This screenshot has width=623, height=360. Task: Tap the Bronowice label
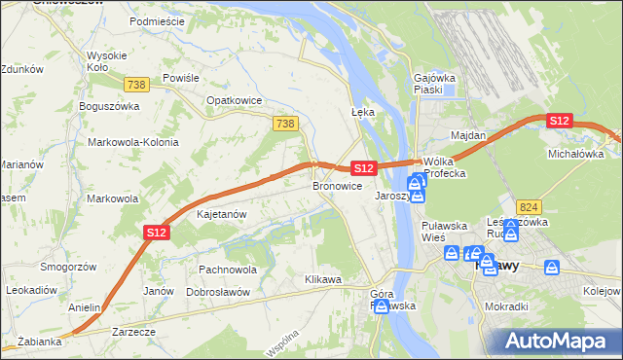point(337,185)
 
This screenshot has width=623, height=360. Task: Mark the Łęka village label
point(362,112)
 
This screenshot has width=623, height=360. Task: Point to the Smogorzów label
point(66,266)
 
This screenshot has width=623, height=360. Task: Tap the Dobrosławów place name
point(218,292)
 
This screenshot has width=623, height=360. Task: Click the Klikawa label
point(322,280)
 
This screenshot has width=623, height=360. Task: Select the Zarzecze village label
point(133,332)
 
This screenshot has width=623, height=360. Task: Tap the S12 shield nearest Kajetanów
point(158,232)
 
